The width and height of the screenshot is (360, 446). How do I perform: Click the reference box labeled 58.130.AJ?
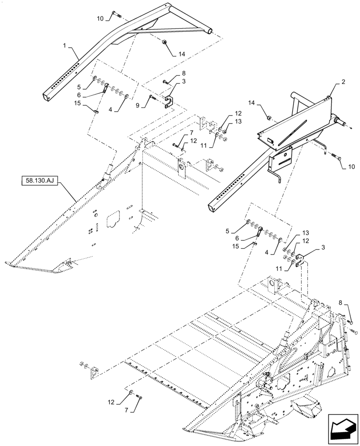[x=40, y=181]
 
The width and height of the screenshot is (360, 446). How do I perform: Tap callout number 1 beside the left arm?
[x=65, y=45]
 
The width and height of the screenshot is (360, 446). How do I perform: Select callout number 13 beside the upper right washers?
[x=238, y=122]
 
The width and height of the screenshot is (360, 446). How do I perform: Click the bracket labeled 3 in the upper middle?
[x=168, y=101]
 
